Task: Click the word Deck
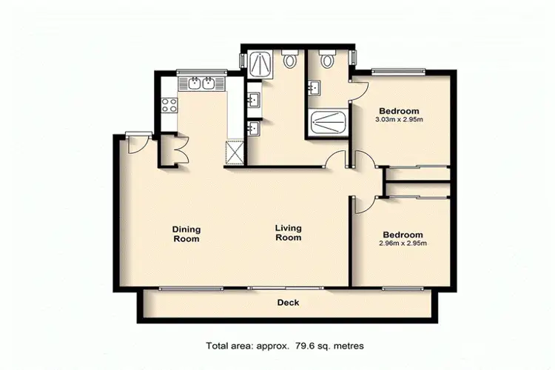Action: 288,303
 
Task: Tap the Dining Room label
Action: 186,234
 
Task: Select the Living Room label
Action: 288,233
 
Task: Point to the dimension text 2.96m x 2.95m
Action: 403,243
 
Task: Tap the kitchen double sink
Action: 201,84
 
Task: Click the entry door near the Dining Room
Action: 135,143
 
